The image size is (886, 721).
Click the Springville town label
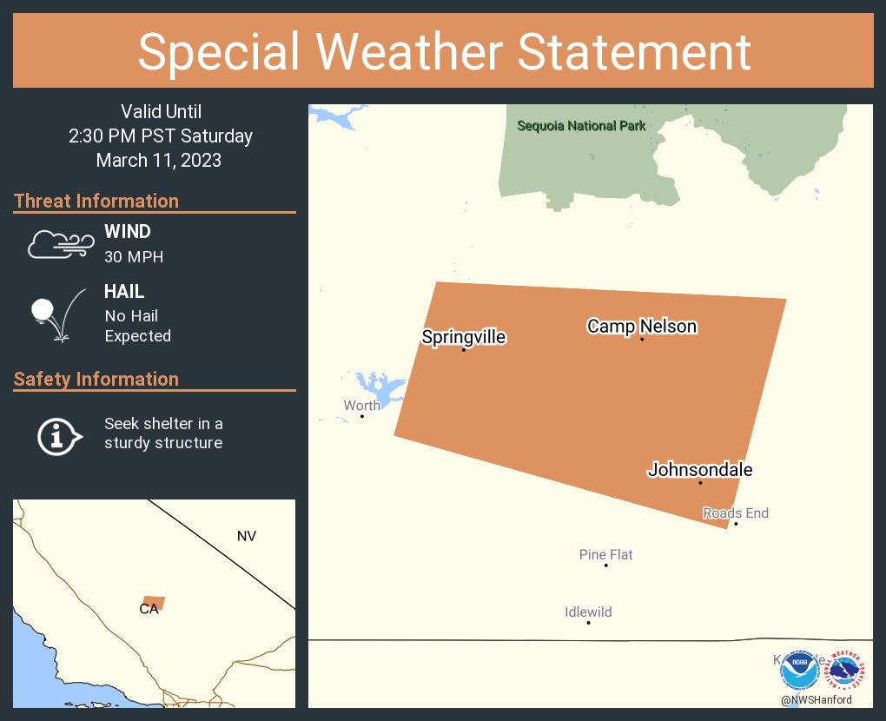[x=463, y=337]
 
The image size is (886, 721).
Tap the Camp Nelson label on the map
[x=642, y=327]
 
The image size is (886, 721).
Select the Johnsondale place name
[x=700, y=470]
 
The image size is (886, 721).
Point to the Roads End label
[x=736, y=513]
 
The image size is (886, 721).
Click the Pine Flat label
[x=605, y=554]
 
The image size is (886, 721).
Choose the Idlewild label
[x=588, y=612]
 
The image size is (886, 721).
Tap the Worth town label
[x=361, y=406]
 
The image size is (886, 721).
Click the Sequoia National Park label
[x=581, y=126]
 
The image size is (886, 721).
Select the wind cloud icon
[x=60, y=244]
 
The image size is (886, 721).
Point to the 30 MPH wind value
[x=134, y=257]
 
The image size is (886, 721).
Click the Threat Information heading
[x=96, y=201]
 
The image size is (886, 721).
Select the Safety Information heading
[x=96, y=379]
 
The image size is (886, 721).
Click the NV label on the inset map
[x=247, y=536]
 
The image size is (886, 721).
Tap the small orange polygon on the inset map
[x=155, y=603]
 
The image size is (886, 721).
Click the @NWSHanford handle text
[x=817, y=700]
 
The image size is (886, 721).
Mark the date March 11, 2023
[x=159, y=160]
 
